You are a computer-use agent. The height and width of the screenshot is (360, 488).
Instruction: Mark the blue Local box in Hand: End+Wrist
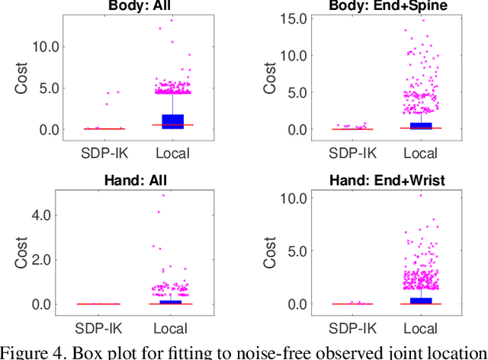420,301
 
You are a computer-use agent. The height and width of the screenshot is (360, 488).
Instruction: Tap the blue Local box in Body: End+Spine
420,125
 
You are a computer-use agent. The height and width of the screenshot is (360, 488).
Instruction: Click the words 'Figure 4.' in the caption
30,352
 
